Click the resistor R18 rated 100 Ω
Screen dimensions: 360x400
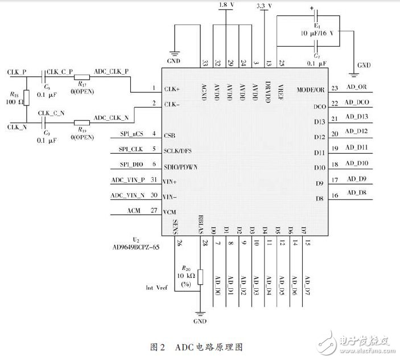coord(27,98)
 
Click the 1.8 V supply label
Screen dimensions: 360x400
coord(226,6)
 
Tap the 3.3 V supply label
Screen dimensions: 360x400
coord(265,6)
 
